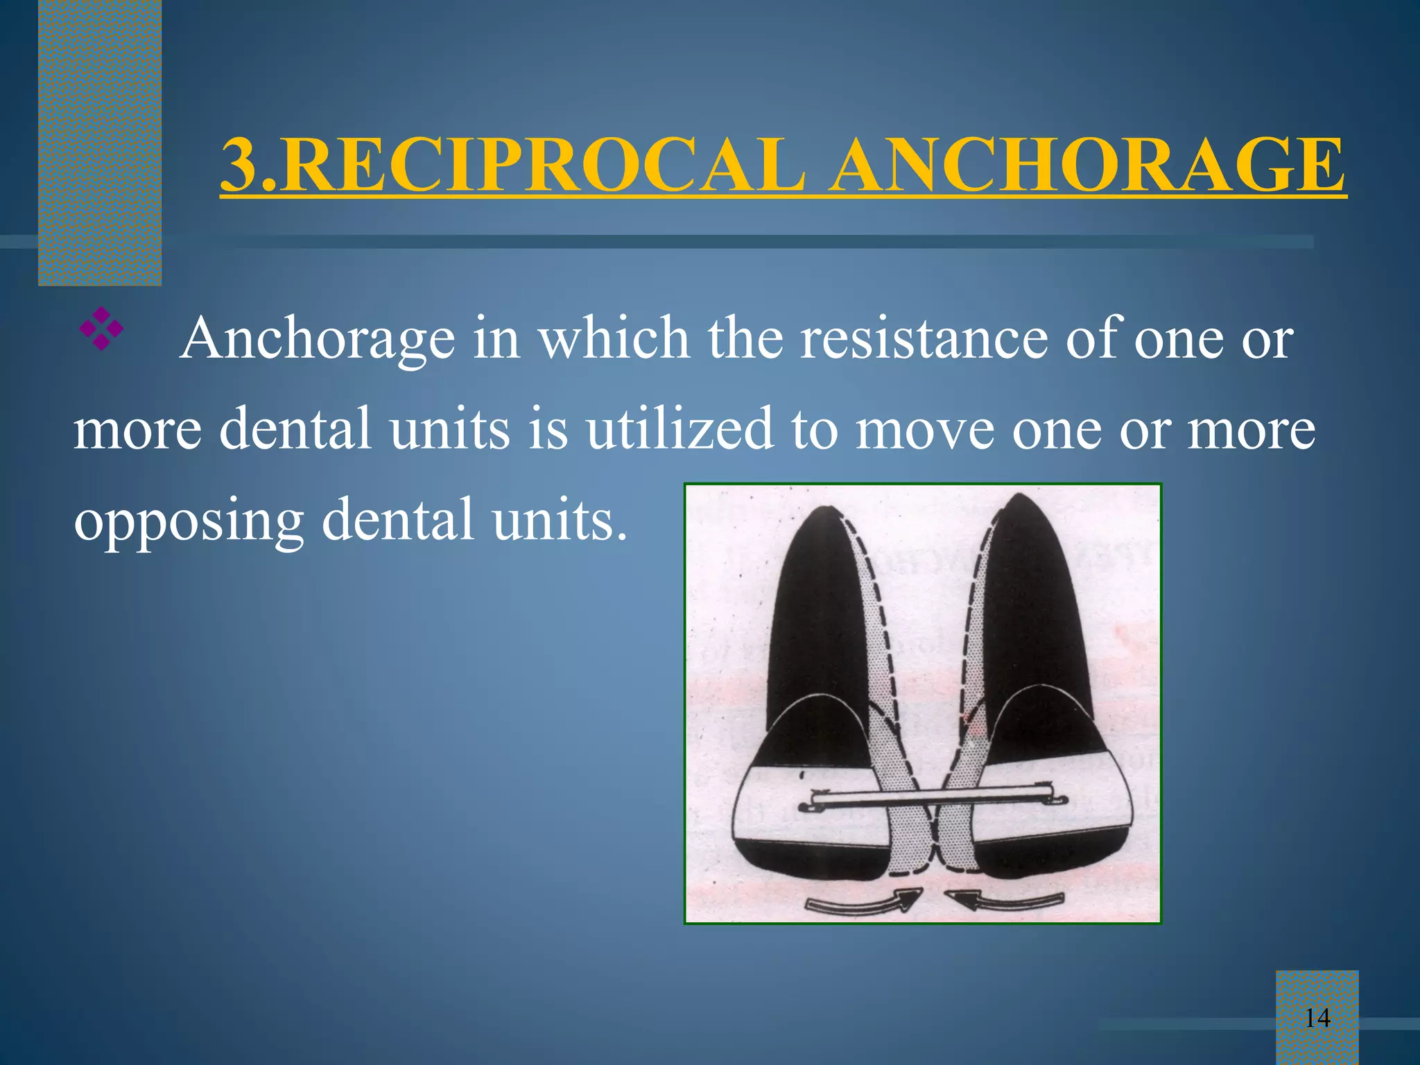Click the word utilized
(x=679, y=428)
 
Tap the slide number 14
(x=1317, y=1018)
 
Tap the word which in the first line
(x=614, y=338)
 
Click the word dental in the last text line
(x=398, y=519)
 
